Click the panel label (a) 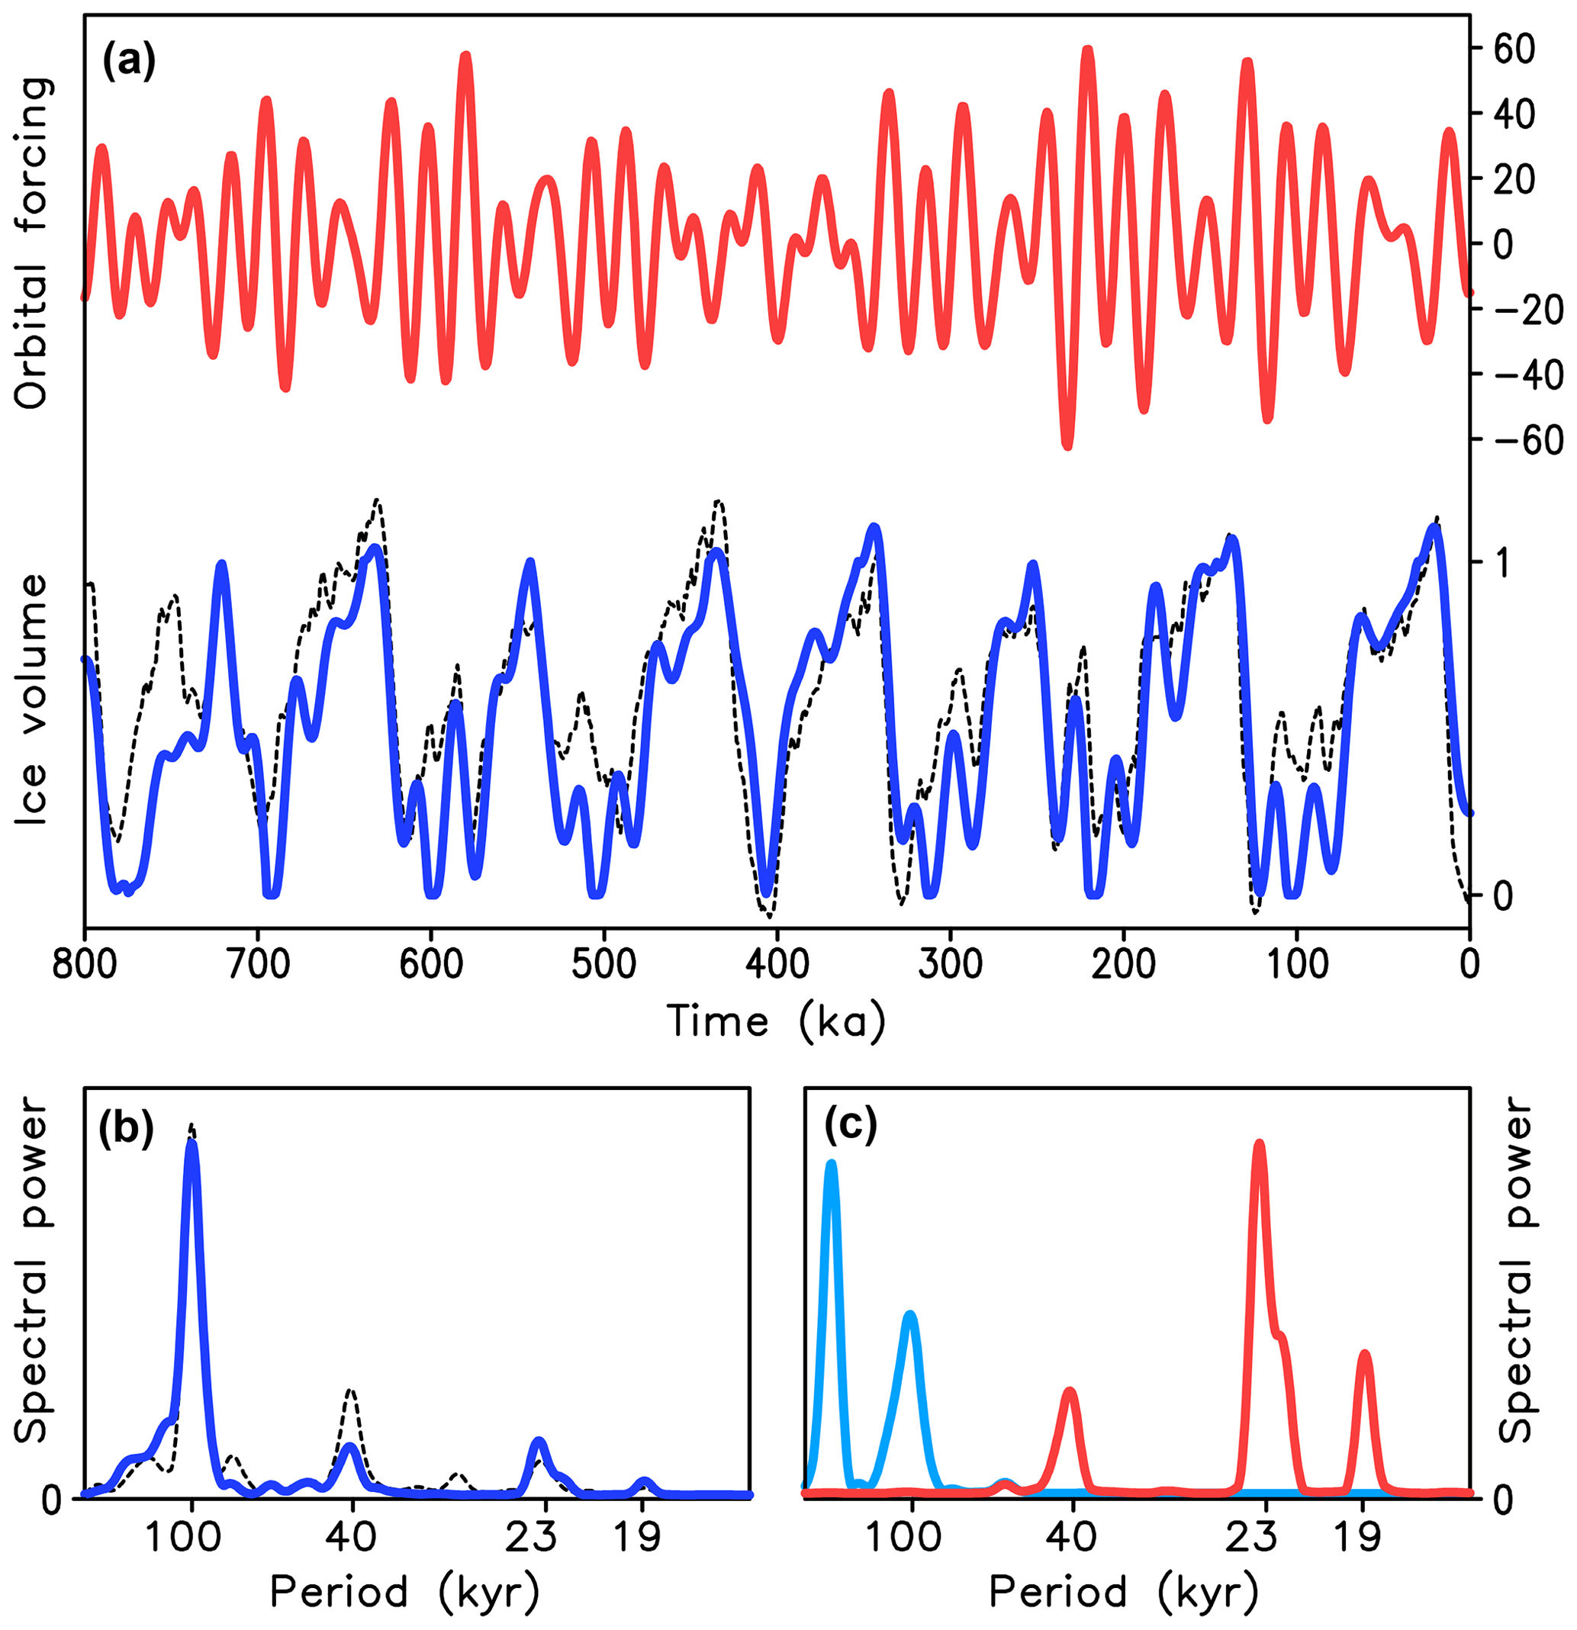128,62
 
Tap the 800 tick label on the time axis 85,964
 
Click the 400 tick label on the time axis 777,964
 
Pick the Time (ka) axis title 776,1021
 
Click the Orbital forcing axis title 34,243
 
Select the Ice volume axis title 34,700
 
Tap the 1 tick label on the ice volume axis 1502,564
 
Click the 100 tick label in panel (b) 185,1537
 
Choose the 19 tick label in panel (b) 638,1537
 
